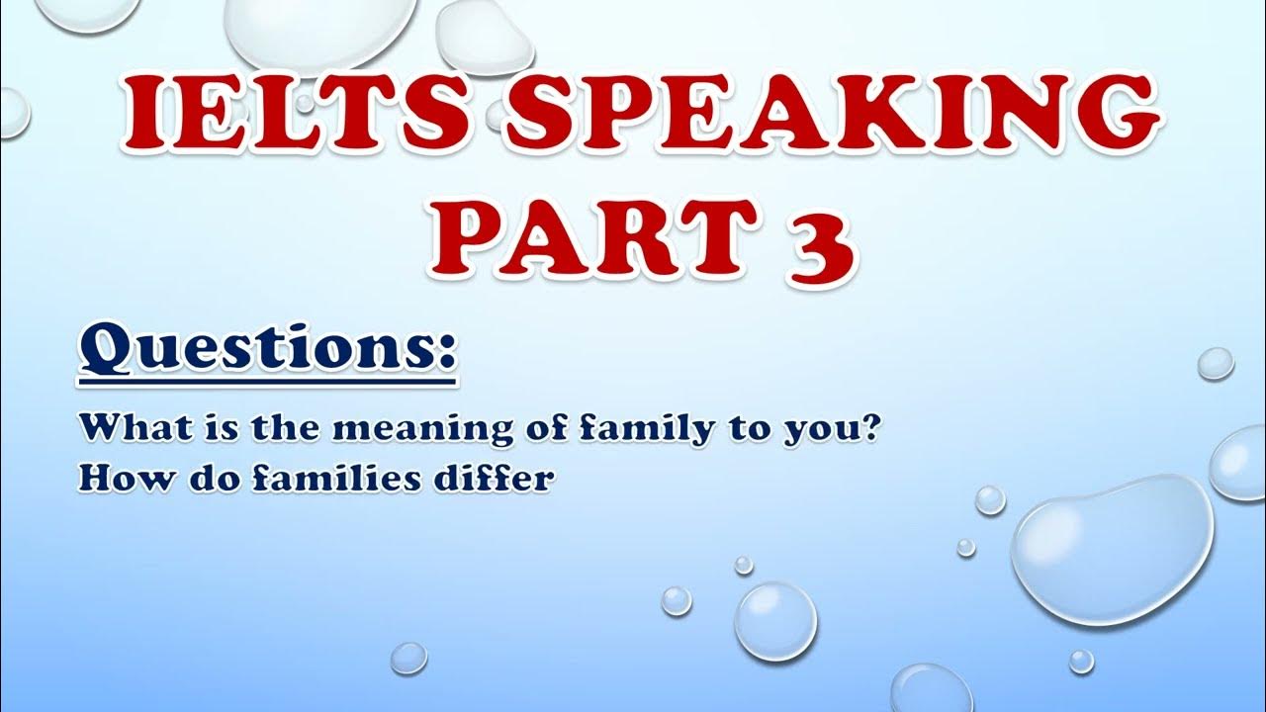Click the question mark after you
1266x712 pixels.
click(x=867, y=428)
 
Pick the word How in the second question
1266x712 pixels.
click(x=122, y=480)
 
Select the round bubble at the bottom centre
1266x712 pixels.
click(x=776, y=622)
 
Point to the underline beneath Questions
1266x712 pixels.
click(x=267, y=384)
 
